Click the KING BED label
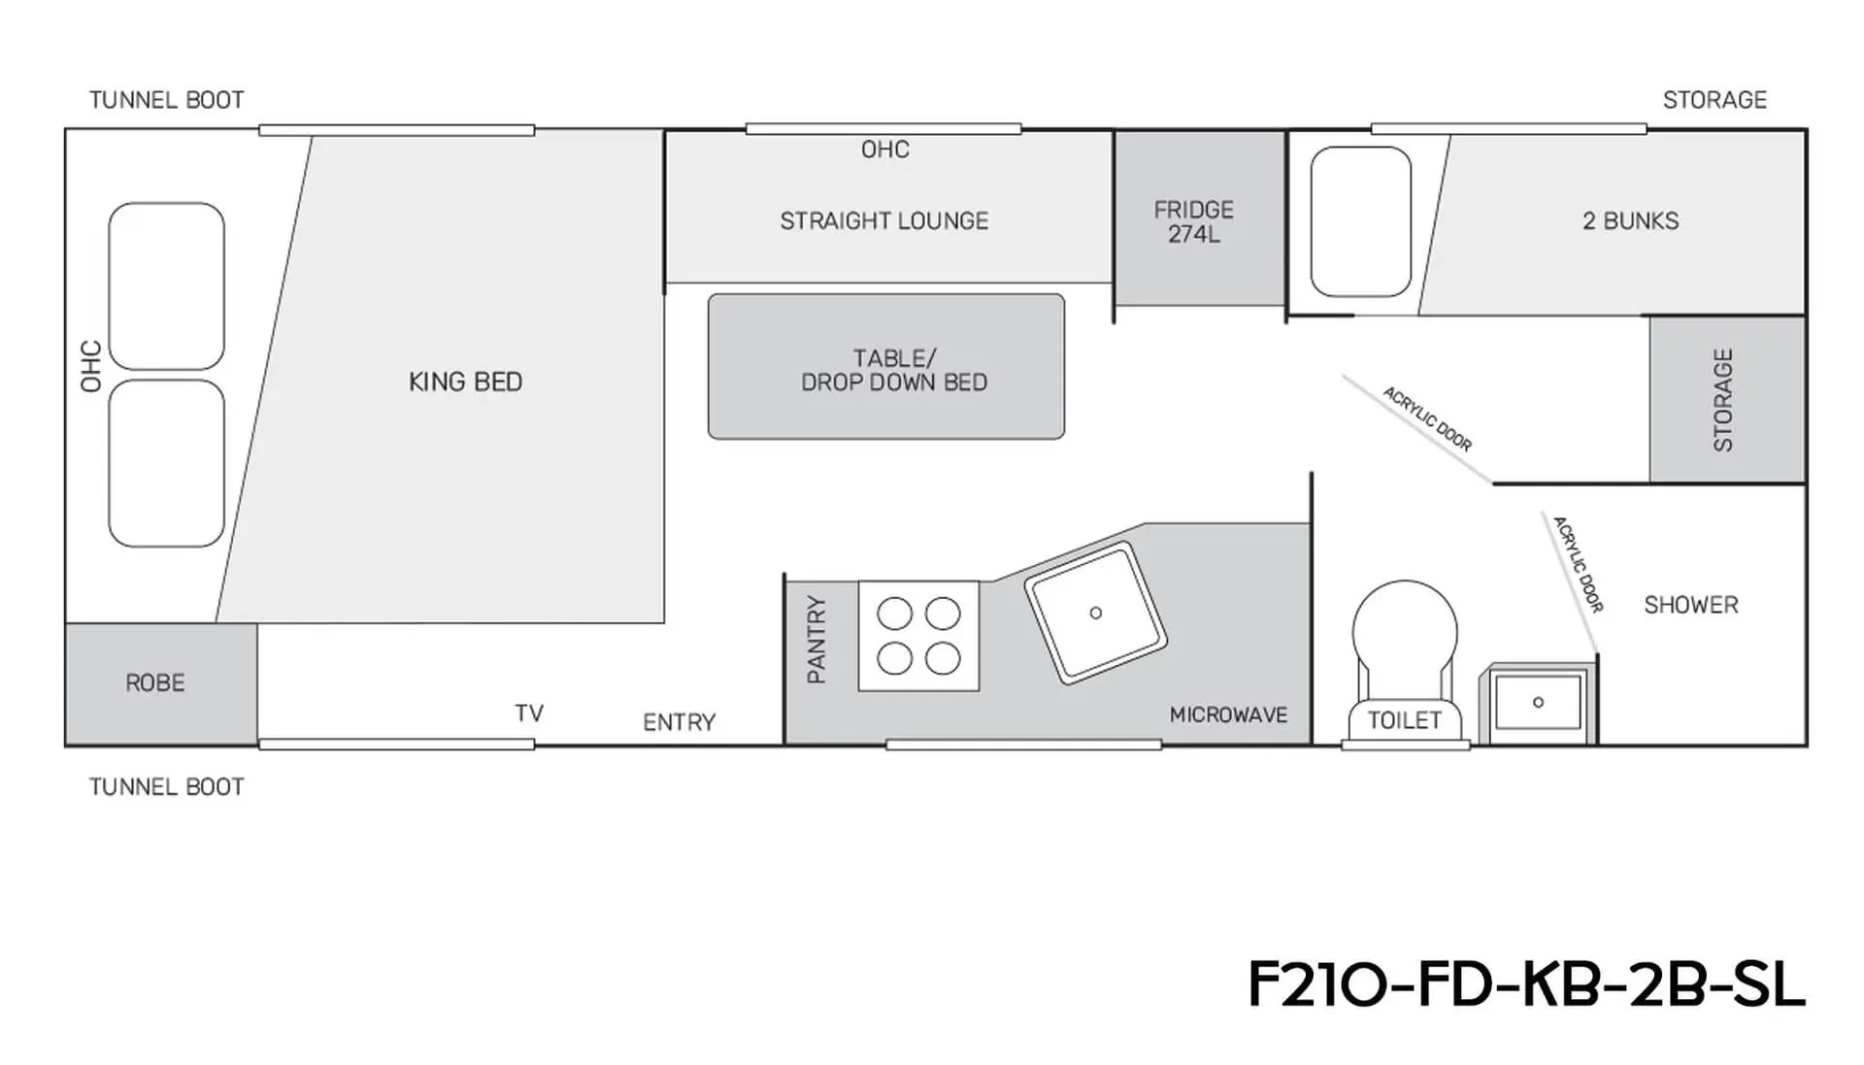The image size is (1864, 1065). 465,382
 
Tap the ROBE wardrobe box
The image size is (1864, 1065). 161,684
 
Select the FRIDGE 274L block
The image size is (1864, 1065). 1200,218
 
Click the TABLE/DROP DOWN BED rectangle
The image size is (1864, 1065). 886,367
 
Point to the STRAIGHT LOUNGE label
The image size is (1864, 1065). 884,221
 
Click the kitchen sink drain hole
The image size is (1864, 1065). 1096,613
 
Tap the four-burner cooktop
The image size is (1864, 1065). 918,636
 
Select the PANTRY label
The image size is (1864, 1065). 816,639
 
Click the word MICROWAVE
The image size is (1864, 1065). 1228,716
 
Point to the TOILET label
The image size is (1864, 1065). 1404,720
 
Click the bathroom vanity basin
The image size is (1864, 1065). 1538,703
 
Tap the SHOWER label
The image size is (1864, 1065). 1690,605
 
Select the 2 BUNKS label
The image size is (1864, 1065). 1630,221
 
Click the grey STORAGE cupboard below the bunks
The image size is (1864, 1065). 1727,399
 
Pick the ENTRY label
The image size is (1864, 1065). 679,722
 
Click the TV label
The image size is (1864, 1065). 529,714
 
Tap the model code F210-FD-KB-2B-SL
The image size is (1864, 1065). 1526,984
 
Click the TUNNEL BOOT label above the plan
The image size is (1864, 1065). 166,100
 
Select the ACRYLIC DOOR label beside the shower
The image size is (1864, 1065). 1578,564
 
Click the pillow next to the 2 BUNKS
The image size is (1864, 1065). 1360,221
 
